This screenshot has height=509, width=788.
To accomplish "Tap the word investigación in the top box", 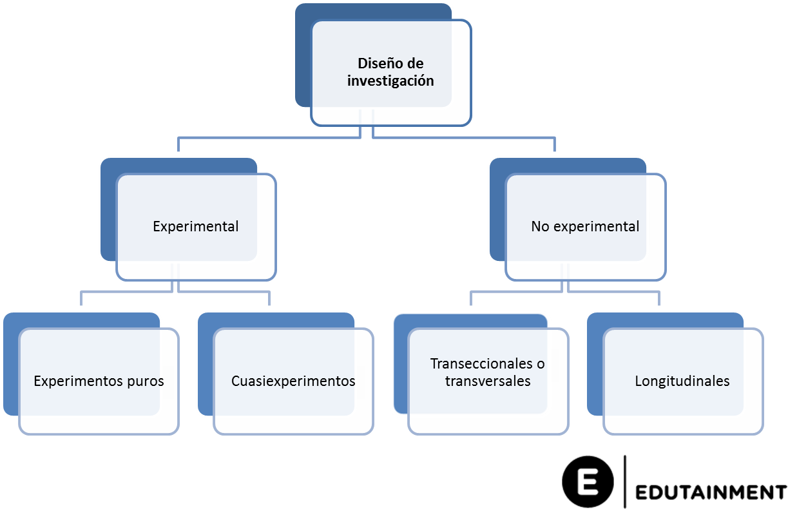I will pos(390,81).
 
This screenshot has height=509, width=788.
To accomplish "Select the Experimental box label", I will pos(195,227).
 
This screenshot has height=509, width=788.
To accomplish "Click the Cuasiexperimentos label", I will pos(293,381).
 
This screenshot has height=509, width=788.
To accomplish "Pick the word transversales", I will pos(488,381).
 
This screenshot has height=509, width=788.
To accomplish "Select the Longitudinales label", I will pos(682,381).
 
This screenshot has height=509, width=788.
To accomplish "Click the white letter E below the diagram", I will pos(588,483).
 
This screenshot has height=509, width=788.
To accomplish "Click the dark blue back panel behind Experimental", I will pos(108,213).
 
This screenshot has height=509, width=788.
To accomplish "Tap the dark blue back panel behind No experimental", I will pos(497,213).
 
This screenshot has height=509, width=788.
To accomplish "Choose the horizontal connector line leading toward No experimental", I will pos(464,137).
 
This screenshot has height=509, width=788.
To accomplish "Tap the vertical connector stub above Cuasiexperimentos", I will pos(269,299).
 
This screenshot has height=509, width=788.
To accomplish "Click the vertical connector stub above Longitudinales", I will pos(659,299).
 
